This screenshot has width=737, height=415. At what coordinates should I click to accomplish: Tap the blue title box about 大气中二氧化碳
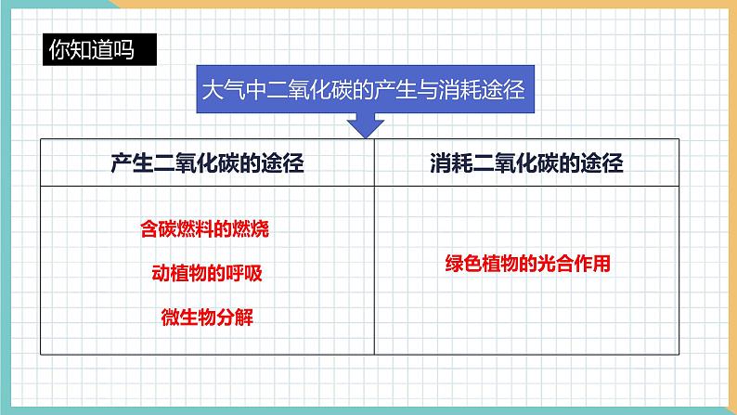pyautogui.click(x=363, y=90)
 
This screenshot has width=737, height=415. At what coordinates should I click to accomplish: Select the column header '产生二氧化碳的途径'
pyautogui.click(x=207, y=162)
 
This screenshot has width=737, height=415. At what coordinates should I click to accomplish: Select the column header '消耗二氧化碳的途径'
pyautogui.click(x=526, y=162)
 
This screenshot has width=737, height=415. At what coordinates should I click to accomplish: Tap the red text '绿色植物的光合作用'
pyautogui.click(x=526, y=264)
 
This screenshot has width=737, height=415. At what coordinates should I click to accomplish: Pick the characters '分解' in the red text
pyautogui.click(x=236, y=318)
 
